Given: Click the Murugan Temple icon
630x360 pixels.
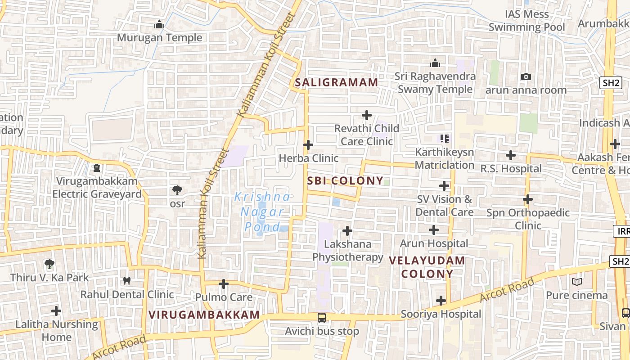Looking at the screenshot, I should point(159,25).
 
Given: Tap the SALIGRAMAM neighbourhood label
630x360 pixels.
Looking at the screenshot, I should point(336,82).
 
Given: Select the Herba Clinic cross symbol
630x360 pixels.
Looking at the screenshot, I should point(308,145).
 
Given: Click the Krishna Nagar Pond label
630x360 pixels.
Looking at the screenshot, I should point(262,211).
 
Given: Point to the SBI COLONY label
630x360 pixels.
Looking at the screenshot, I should point(345,181).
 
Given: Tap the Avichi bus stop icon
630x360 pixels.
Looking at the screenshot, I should point(322,318).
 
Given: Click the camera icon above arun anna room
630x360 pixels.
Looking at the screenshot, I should point(526,77).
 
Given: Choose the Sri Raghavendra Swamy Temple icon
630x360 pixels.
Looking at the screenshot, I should point(435,63).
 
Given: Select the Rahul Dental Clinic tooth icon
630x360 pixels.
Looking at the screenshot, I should point(127,281).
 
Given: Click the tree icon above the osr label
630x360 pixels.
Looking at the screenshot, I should point(177,190).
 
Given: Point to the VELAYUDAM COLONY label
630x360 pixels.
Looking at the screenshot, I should point(427,267).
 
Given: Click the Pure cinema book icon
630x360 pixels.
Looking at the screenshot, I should point(577,282).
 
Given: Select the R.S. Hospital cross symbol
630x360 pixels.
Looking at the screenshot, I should point(511,155).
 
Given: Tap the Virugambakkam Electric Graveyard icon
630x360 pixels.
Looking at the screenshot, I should point(96,168).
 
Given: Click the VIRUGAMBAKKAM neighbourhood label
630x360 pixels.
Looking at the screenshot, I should point(204,315).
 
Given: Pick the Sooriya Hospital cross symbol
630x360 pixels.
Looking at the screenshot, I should point(441,301).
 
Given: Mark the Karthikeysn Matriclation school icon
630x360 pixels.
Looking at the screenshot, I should point(445,139).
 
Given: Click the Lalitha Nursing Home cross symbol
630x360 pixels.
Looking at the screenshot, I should point(56,311).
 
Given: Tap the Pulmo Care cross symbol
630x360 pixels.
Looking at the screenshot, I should point(224,284).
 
